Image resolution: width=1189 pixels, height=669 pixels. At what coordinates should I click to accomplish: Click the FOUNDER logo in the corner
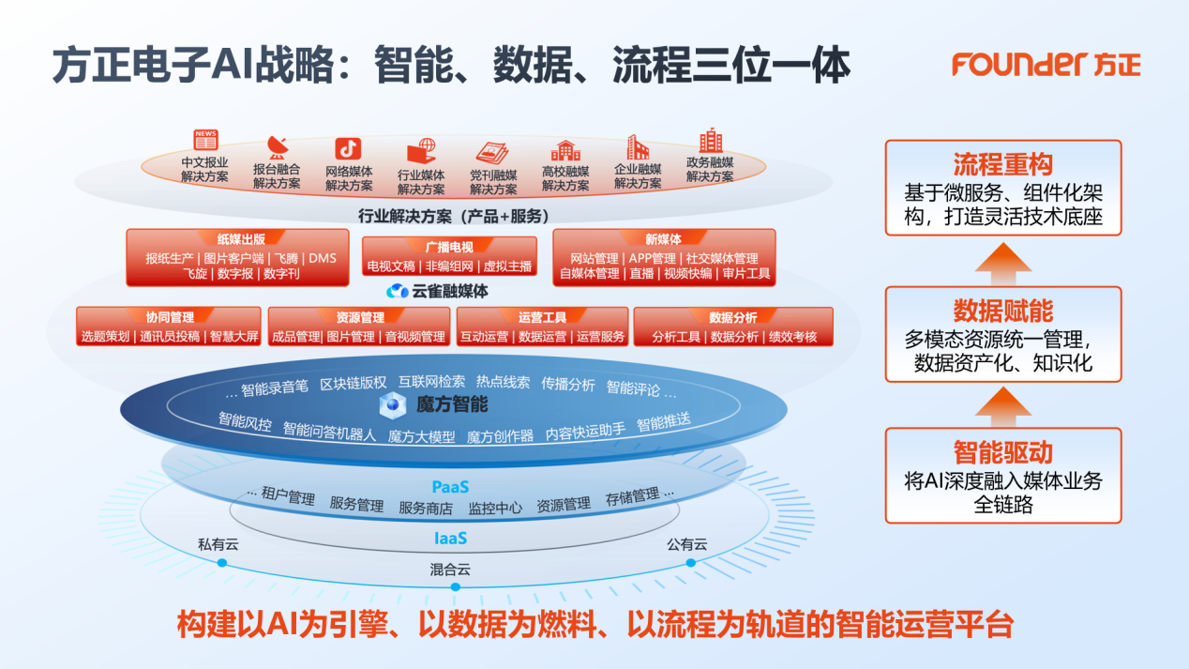[x=1046, y=64]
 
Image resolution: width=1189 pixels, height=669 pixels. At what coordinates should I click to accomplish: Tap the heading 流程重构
[x=1002, y=165]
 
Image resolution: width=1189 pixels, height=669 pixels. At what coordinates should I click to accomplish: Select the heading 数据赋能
[x=1002, y=311]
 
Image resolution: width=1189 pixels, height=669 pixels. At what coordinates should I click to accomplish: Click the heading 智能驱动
[x=1002, y=452]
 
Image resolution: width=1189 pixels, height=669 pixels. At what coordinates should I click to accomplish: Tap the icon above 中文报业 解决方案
[x=204, y=141]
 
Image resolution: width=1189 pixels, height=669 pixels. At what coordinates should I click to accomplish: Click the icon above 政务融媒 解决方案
[x=710, y=141]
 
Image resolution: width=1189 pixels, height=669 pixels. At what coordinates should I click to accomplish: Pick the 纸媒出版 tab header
[x=241, y=239]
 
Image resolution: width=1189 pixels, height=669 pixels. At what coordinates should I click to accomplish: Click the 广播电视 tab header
[x=449, y=247]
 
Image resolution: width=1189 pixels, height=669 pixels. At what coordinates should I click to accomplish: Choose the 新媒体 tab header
[x=663, y=239]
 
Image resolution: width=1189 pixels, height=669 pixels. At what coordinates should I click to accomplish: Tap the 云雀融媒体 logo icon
[x=399, y=291]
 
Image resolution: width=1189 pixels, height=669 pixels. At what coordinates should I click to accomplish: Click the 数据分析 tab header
[x=733, y=317]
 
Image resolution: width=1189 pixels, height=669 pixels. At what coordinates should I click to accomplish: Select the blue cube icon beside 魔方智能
[x=391, y=405]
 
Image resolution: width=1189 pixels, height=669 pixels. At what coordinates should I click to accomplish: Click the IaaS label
[x=450, y=539]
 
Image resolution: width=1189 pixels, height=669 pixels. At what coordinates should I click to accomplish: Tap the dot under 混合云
[x=456, y=586]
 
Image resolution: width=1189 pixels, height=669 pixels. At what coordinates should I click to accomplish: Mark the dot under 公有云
[x=691, y=563]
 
